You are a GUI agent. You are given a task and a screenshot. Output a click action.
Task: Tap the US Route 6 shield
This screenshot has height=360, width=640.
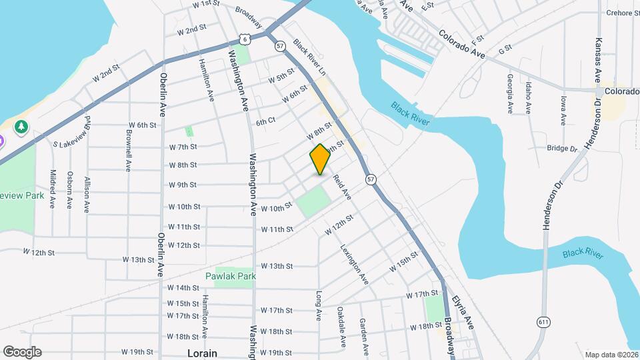click(246, 39)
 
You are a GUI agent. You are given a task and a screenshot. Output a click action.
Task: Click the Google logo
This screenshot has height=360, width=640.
click(22, 352)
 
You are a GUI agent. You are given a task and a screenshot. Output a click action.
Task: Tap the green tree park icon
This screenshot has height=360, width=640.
click(22, 126)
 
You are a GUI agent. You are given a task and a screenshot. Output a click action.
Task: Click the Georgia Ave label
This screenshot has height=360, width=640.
click(510, 95)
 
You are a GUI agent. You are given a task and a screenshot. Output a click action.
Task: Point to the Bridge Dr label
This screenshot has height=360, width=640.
click(561, 148)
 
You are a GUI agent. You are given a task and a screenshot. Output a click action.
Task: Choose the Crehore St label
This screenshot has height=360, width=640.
click(623, 13)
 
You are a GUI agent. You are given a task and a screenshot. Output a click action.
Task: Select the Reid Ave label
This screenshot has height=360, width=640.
click(342, 186)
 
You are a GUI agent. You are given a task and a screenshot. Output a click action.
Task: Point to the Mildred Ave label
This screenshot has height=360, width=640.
click(52, 189)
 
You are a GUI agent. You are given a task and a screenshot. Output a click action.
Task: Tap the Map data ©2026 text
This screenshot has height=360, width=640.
click(611, 355)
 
